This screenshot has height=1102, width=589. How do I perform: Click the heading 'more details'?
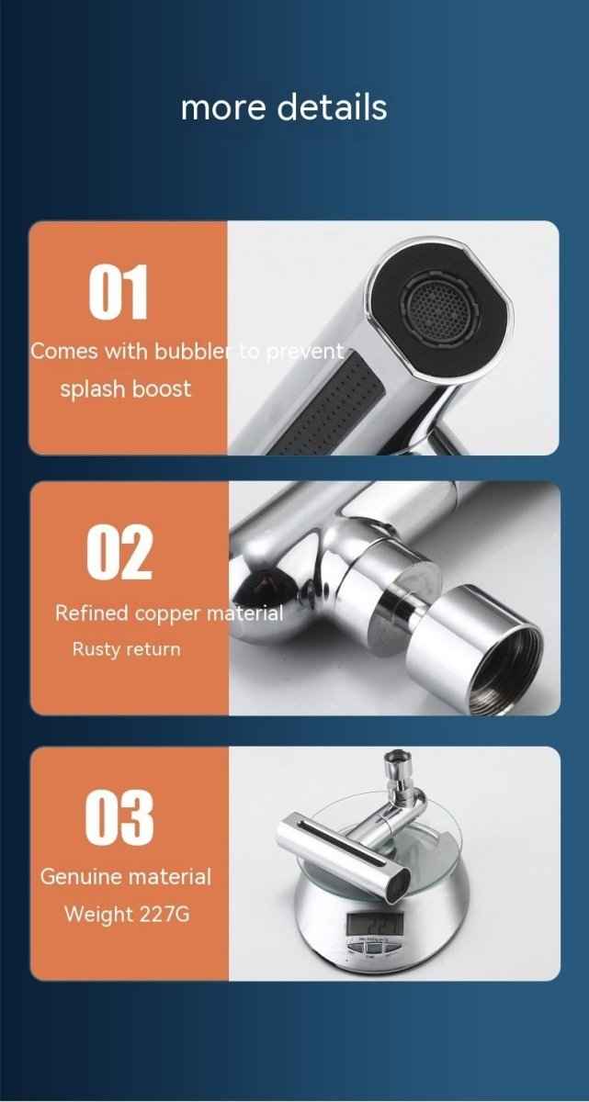284,107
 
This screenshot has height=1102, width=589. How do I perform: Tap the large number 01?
119,293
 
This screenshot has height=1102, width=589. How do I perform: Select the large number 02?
119,553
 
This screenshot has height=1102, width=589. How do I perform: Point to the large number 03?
119,817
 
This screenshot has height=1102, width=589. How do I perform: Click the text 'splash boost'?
126,388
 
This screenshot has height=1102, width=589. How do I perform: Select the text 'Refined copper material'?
169,613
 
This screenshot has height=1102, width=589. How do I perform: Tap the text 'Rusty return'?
126,649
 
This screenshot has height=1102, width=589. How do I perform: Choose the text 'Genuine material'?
125,877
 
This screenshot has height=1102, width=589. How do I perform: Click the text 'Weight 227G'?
126,915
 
